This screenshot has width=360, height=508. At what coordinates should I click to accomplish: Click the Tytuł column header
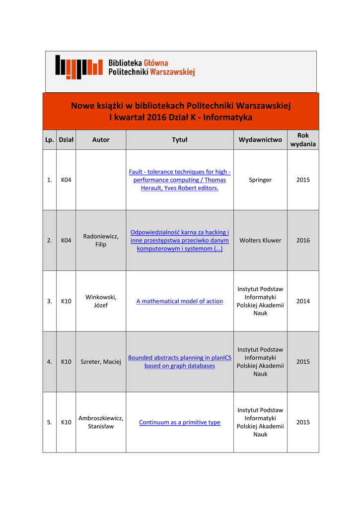pyautogui.click(x=179, y=140)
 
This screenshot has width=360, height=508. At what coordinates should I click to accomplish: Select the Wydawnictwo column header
pyautogui.click(x=260, y=140)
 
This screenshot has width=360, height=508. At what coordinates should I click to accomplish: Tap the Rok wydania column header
pyautogui.click(x=303, y=139)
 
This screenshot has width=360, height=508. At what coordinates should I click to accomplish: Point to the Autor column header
pyautogui.click(x=101, y=140)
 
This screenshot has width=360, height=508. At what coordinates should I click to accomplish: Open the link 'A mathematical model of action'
pyautogui.click(x=179, y=301)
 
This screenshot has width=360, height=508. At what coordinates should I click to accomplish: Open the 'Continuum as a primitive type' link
pyautogui.click(x=179, y=422)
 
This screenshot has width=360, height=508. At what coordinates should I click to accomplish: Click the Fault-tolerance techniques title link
pyautogui.click(x=179, y=180)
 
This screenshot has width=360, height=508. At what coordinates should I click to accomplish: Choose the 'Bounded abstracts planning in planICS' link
pyautogui.click(x=179, y=362)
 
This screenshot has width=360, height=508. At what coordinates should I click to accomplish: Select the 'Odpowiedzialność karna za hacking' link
pyautogui.click(x=179, y=240)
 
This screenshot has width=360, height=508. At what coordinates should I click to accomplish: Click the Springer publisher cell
pyautogui.click(x=260, y=180)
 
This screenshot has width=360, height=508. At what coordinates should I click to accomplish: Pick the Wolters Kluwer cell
pyautogui.click(x=260, y=240)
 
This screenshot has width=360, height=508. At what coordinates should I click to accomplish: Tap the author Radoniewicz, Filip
pyautogui.click(x=101, y=240)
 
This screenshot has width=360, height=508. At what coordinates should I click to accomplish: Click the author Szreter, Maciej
pyautogui.click(x=101, y=362)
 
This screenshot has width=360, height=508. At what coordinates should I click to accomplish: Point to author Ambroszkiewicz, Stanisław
pyautogui.click(x=101, y=422)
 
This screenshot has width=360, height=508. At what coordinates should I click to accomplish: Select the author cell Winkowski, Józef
pyautogui.click(x=101, y=301)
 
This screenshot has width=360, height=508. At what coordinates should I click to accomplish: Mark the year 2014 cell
pyautogui.click(x=303, y=301)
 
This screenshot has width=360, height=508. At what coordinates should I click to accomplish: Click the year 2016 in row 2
pyautogui.click(x=303, y=240)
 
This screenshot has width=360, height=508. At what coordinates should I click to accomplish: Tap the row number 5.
pyautogui.click(x=49, y=422)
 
